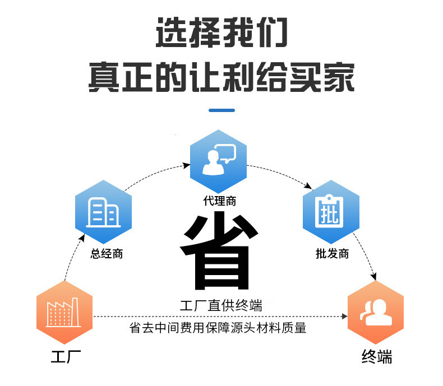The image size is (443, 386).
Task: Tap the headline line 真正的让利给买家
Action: (221, 77)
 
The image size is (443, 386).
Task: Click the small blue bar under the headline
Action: (221, 110)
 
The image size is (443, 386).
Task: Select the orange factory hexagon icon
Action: (64, 312)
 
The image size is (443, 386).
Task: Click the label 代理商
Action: (219, 202)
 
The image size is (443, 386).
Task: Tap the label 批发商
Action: (332, 254)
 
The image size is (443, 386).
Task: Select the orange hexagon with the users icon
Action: (376, 312)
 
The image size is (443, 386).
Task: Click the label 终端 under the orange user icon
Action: (377, 357)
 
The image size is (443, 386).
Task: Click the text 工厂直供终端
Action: (221, 306)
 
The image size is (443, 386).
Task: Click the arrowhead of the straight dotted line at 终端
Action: (344, 317)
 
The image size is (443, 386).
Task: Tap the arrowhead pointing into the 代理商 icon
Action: (187, 165)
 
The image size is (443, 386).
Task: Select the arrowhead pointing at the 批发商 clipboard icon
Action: (309, 188)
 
